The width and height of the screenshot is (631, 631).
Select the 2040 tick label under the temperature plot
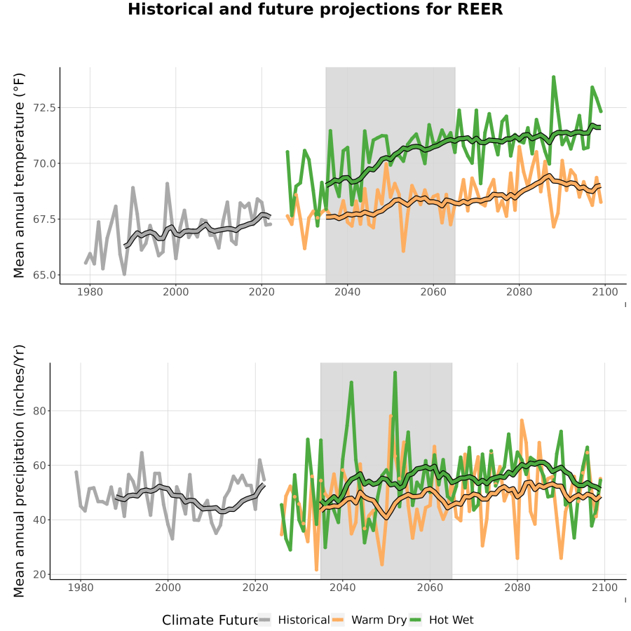pos(347,292)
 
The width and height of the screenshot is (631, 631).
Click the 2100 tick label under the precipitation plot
pos(604,588)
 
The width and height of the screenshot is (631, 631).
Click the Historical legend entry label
pos(304,620)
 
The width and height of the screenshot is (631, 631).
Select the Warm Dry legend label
pos(379,620)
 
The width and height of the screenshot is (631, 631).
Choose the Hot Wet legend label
pos(451,620)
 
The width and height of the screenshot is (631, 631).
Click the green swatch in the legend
pos(415,620)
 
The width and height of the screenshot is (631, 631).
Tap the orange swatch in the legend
pos(338,620)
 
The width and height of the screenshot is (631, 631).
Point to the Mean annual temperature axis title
pos(18,175)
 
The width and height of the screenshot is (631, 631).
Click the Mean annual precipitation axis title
pos(18,471)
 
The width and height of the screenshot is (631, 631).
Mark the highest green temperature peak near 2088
pos(554,76)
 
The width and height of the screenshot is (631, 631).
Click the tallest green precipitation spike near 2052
pos(395,372)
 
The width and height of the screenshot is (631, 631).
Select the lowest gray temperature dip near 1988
pos(124,274)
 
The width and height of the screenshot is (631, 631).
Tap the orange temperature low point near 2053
pos(403,251)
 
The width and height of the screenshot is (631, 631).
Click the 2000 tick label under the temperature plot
pos(176,292)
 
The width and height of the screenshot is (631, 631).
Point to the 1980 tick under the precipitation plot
pos(81,588)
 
